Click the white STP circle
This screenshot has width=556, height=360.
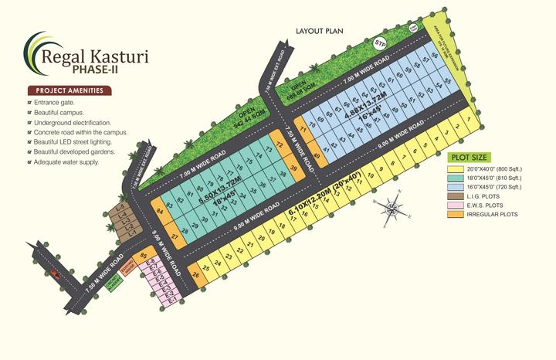coord(379,43)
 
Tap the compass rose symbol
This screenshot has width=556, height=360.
coord(392,207)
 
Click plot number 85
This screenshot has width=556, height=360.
coord(143,256)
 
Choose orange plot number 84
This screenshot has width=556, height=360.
coord(160,209)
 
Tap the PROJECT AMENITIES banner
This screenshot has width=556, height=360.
coord(69,90)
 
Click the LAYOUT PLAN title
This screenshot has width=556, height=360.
coord(319,31)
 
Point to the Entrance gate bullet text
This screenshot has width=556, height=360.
coord(54,103)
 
